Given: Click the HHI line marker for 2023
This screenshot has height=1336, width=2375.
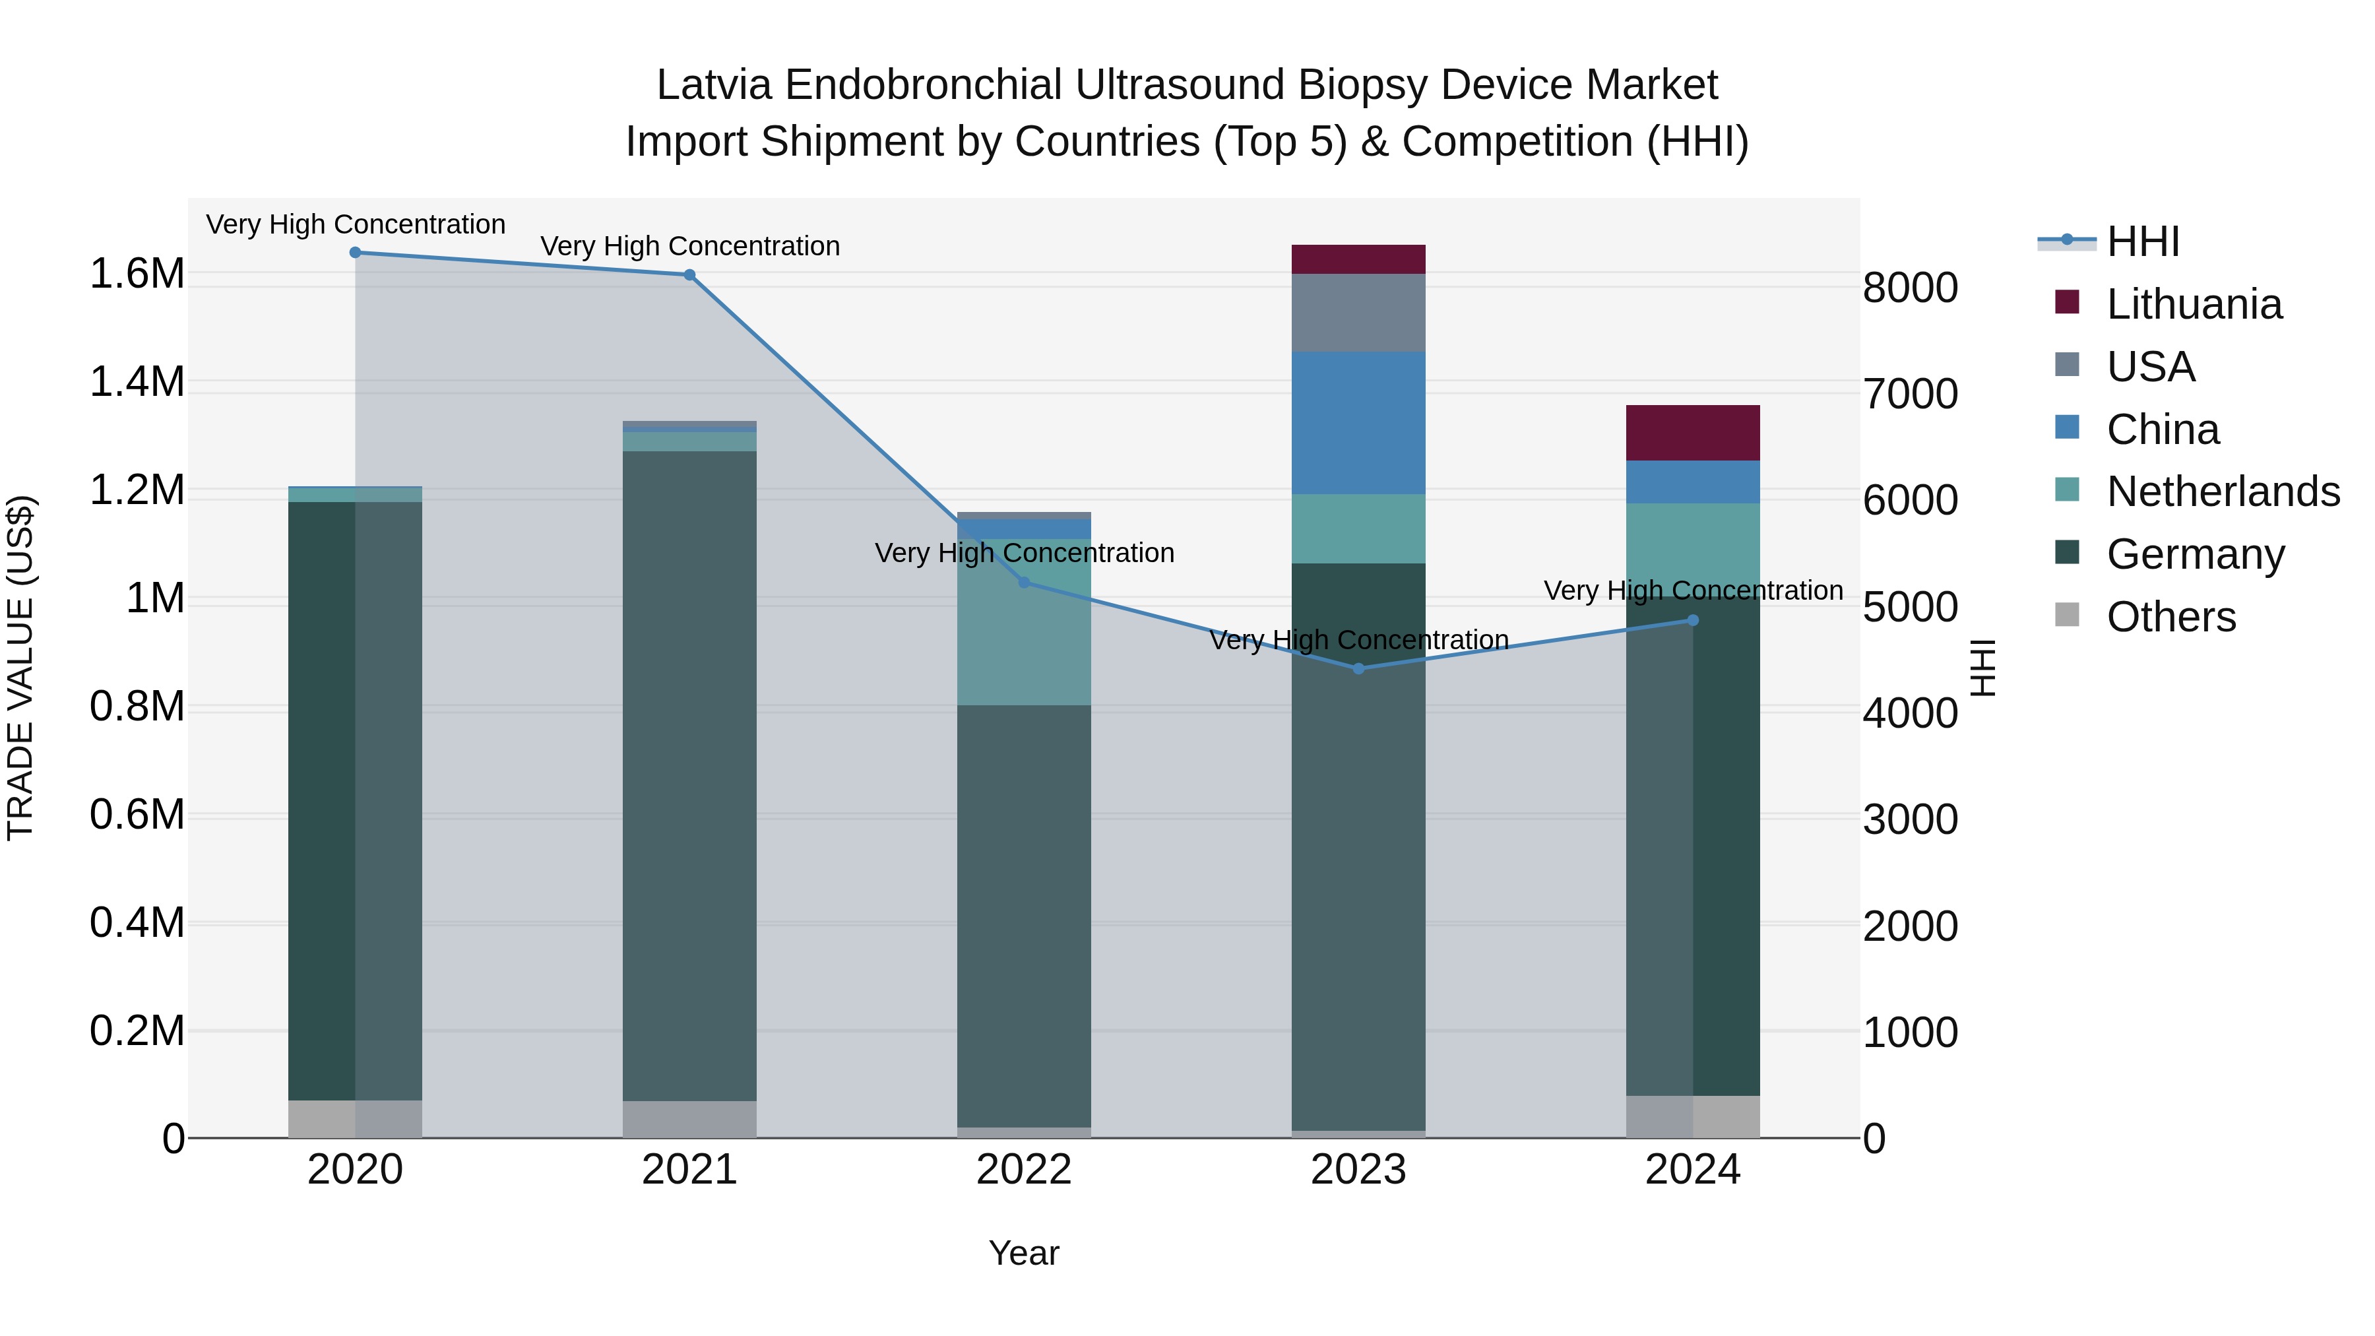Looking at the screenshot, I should pyautogui.click(x=1358, y=668).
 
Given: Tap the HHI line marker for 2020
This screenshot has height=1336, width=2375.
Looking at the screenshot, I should pyautogui.click(x=355, y=253).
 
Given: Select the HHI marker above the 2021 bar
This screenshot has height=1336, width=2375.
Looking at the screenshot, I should pyautogui.click(x=689, y=274).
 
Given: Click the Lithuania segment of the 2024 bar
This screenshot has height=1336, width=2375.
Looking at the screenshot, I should pyautogui.click(x=1693, y=432).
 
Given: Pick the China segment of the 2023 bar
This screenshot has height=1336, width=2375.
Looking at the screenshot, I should pyautogui.click(x=1358, y=422).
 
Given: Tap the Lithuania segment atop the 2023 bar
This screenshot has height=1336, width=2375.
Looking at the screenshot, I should pyautogui.click(x=1358, y=259).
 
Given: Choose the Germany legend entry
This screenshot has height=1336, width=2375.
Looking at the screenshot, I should pyautogui.click(x=2194, y=554).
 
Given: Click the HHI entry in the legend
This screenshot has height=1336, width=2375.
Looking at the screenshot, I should pyautogui.click(x=2141, y=241).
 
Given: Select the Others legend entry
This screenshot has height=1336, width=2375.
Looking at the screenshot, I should pyautogui.click(x=2170, y=617).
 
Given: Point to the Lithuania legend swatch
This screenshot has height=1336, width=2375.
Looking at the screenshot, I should pyautogui.click(x=2067, y=302).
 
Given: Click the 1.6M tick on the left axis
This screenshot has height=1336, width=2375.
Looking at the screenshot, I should pyautogui.click(x=137, y=274).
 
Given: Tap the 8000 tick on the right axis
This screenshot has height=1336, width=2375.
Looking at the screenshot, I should pyautogui.click(x=1911, y=288).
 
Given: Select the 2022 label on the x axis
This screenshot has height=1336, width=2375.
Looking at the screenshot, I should pyautogui.click(x=1023, y=1170).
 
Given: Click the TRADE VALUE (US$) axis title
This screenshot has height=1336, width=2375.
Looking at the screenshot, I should pyautogui.click(x=20, y=668).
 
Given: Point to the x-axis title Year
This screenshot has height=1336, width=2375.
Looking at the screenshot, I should pyautogui.click(x=1023, y=1253).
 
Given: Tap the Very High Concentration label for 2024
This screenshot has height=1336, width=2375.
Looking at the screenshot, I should pyautogui.click(x=1693, y=590).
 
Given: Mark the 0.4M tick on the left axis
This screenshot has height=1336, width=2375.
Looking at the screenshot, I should pyautogui.click(x=137, y=922).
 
